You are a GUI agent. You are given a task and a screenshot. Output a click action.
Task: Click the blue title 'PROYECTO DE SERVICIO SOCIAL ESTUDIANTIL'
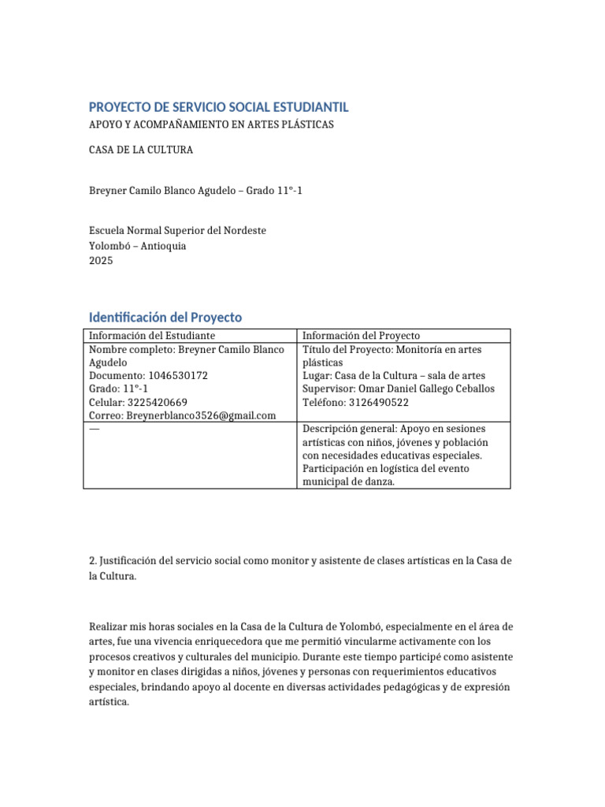pyautogui.click(x=218, y=107)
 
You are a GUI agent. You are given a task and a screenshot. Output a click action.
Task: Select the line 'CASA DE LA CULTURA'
pyautogui.click(x=141, y=150)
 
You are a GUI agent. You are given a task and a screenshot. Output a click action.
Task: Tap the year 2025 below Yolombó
pyautogui.click(x=101, y=261)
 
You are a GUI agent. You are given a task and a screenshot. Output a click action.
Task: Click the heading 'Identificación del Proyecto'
pyautogui.click(x=165, y=317)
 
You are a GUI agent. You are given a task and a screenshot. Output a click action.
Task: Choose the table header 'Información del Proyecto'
pyautogui.click(x=362, y=336)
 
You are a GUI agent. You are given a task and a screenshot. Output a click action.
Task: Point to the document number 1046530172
pyautogui.click(x=178, y=376)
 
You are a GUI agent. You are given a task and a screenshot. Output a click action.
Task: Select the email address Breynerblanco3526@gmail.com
pyautogui.click(x=202, y=415)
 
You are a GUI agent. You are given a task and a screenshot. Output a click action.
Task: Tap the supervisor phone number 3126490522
pyautogui.click(x=381, y=403)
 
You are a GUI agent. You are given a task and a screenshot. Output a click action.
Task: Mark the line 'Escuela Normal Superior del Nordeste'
pyautogui.click(x=177, y=231)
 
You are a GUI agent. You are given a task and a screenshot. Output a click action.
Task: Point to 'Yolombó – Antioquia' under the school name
pyautogui.click(x=138, y=246)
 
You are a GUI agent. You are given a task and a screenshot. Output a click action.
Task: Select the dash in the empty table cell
pyautogui.click(x=95, y=429)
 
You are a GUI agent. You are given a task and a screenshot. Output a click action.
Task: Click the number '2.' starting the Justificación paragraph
pyautogui.click(x=93, y=560)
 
